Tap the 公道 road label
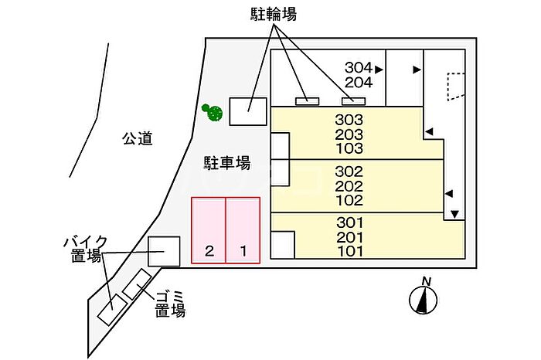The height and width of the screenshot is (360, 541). click(x=137, y=139)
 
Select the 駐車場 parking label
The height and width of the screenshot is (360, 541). click(x=226, y=163)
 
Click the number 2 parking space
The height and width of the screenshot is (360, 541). click(x=209, y=230)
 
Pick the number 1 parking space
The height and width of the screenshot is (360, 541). click(x=243, y=230)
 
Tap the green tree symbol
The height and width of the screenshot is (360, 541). click(x=212, y=112)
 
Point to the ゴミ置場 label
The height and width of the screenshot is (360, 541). click(x=169, y=304)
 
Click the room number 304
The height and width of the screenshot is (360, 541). click(x=359, y=67)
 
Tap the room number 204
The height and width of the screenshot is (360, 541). click(x=359, y=82)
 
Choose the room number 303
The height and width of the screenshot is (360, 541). click(x=349, y=120)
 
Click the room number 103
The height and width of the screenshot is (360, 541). click(x=349, y=148)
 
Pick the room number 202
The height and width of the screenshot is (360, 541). click(x=349, y=185)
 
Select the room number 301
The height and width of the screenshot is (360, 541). click(x=349, y=222)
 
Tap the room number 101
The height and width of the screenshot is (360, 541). click(x=349, y=251)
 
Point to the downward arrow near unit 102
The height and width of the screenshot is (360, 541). click(x=454, y=214)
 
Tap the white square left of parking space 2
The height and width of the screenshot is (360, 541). click(x=163, y=250)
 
